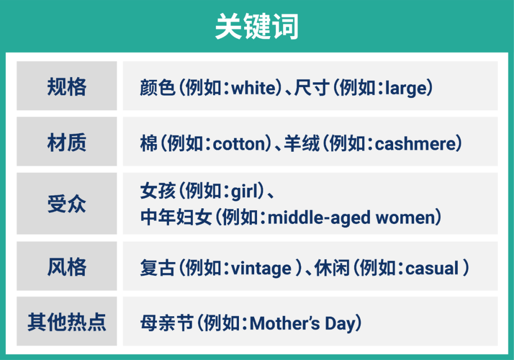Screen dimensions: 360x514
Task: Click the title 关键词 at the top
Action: coord(257,27)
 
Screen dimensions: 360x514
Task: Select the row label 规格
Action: coord(67,87)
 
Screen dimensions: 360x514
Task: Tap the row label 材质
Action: coord(67,143)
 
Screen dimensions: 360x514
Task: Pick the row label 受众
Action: coord(67,204)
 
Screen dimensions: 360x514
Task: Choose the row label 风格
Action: coord(67,267)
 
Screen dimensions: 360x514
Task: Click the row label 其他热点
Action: coord(67,322)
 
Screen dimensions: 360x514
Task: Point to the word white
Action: coord(254,88)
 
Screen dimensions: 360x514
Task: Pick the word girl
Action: coord(246,192)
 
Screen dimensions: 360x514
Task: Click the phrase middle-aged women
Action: coord(352,218)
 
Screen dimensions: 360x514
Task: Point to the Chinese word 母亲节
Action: coord(167,324)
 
